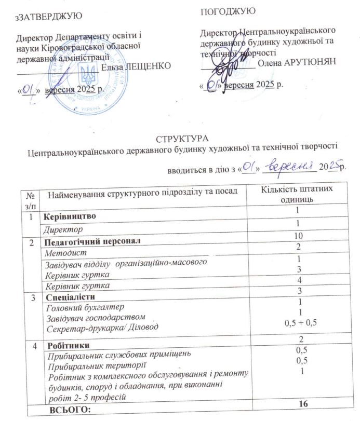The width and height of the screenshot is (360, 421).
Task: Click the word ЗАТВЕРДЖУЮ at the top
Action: [49, 16]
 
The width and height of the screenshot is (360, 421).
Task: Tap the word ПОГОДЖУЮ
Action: [228, 11]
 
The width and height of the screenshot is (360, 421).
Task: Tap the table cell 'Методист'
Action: [63, 253]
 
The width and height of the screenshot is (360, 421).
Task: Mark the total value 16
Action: [298, 404]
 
